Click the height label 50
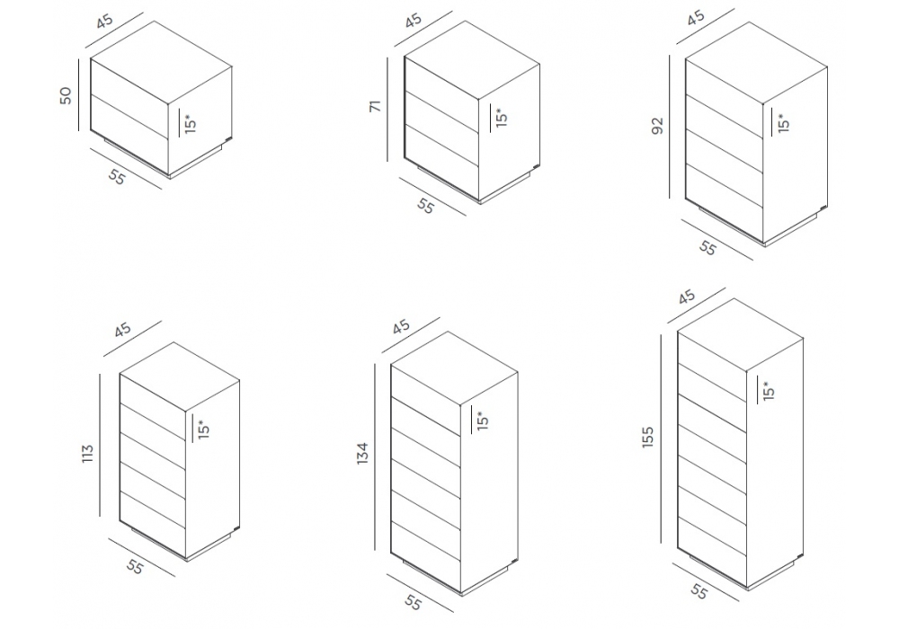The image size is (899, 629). point(66,95)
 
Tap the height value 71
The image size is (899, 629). point(375,106)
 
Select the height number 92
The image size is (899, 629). point(657,126)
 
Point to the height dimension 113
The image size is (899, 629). point(87,454)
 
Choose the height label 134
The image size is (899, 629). point(362,453)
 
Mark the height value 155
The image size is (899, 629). point(647,437)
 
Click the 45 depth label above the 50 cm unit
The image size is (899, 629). point(105,22)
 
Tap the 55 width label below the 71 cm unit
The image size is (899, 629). point(425,206)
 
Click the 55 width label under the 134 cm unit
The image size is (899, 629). point(413,602)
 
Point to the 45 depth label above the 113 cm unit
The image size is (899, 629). point(122,330)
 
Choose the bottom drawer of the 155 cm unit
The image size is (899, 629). point(712,536)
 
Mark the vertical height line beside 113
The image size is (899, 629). point(100,445)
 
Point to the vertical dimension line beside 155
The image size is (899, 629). point(661,439)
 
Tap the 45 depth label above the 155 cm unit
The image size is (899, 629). point(686,297)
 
